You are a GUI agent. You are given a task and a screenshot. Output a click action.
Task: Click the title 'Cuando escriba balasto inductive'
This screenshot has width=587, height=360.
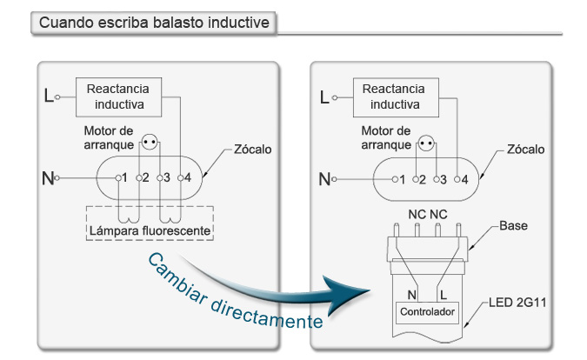tap(154, 23)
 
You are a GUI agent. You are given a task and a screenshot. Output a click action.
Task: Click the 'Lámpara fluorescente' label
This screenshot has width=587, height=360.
tap(150, 230)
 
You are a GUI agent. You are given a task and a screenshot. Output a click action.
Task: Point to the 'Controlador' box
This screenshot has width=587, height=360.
tap(427, 312)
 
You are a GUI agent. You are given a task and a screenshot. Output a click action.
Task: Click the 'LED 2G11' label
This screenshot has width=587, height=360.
tap(517, 303)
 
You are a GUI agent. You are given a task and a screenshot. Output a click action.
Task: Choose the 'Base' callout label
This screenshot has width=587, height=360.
tap(513, 226)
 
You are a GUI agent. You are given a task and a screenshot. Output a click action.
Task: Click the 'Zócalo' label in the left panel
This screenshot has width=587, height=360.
tap(253, 150)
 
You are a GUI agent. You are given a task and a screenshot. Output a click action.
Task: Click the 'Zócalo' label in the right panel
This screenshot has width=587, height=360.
tap(525, 150)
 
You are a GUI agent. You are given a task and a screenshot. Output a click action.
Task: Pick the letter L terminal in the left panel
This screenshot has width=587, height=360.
tap(49, 96)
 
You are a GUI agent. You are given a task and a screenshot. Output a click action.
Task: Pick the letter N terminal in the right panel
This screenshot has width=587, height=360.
tap(324, 179)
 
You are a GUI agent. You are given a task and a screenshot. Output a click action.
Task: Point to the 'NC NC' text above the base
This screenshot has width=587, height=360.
tap(428, 215)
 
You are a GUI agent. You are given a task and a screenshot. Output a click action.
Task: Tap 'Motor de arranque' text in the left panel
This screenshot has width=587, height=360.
tap(109, 137)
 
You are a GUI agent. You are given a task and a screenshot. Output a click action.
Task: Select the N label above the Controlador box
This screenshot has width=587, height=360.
tap(412, 295)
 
